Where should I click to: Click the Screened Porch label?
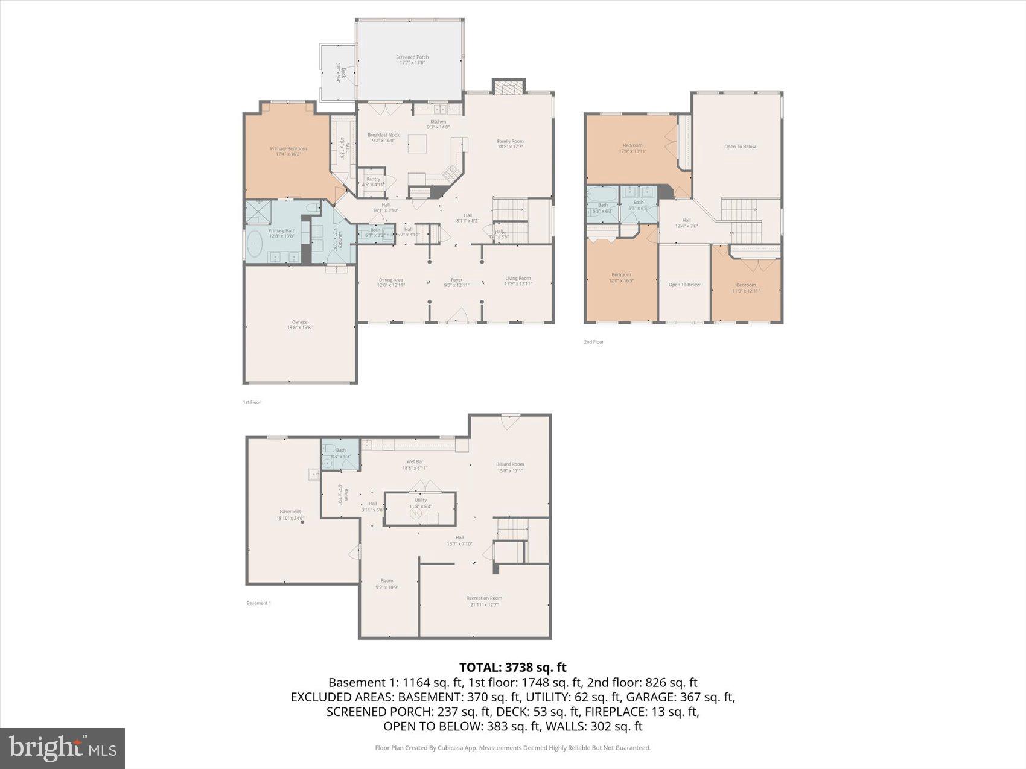[x=412, y=60]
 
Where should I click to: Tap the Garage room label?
[x=299, y=324]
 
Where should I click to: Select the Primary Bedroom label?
[x=288, y=151]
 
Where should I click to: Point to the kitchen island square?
[x=417, y=144]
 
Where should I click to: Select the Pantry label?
[x=373, y=182]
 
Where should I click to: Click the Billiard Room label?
[x=510, y=467]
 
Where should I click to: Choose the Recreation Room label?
[x=484, y=601]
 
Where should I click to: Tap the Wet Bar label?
[x=415, y=464]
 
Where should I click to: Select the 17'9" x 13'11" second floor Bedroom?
[x=632, y=148]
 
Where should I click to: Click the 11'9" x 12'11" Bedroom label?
[x=746, y=288]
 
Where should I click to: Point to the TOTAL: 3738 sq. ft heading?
[x=512, y=667]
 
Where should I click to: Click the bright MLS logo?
[x=63, y=748]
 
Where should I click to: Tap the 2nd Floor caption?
[x=593, y=342]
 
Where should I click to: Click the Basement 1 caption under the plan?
[x=258, y=603]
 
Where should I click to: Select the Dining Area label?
[x=390, y=282]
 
